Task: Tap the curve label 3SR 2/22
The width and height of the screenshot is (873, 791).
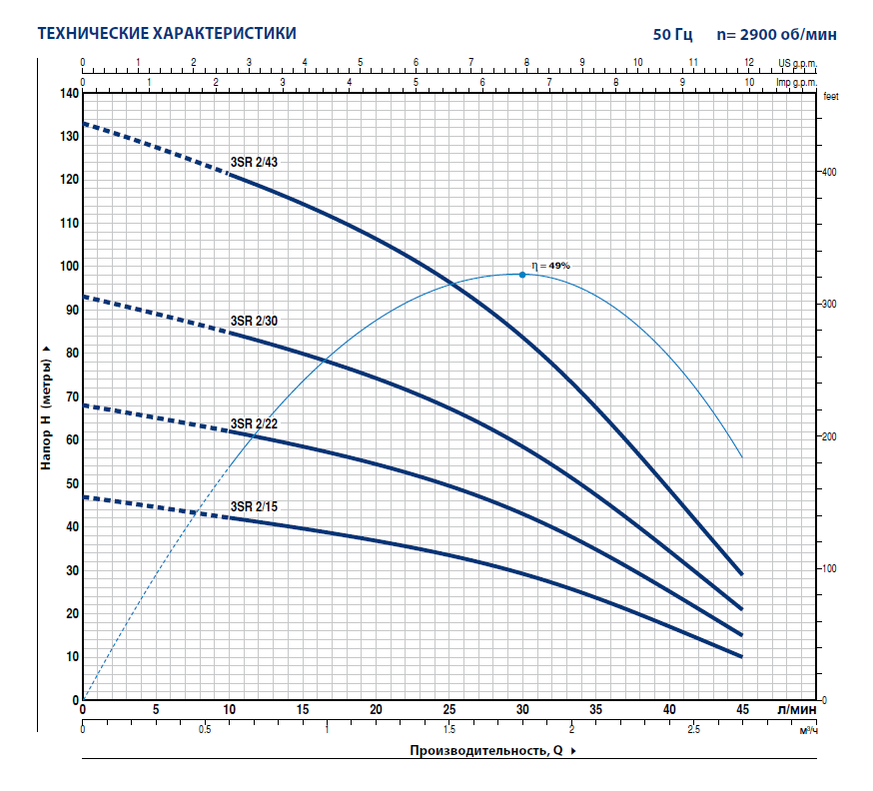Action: tap(254, 423)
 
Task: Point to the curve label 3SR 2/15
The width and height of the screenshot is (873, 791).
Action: tap(254, 506)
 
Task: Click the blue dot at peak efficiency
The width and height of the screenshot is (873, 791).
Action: tap(521, 274)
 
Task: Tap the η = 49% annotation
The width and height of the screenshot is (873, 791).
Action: tap(550, 266)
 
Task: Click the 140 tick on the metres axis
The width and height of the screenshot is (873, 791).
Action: tap(69, 93)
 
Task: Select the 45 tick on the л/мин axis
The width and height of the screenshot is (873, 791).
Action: tap(742, 709)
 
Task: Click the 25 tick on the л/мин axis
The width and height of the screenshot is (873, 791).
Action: tap(449, 709)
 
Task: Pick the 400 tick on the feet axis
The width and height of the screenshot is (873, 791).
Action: tap(829, 172)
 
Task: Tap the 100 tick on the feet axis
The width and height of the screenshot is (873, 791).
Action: tap(829, 568)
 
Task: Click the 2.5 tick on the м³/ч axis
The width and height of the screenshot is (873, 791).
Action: tap(694, 730)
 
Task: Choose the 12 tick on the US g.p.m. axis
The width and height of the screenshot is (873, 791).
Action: tap(749, 62)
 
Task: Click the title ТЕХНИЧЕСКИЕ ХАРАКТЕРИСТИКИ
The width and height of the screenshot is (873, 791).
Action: tap(166, 33)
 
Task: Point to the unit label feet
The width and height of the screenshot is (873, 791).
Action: tap(831, 97)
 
